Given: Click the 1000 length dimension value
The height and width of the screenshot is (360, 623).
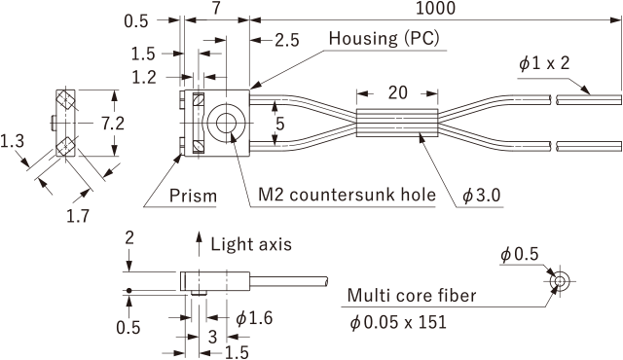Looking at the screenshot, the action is pos(435,8).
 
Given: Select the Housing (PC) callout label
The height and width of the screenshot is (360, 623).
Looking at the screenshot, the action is pos(385,39).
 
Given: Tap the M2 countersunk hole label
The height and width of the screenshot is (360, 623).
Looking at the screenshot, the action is pos(347,195).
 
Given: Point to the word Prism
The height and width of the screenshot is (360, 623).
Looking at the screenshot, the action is pos(193,196).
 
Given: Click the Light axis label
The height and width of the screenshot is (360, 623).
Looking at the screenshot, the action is pos(251,244).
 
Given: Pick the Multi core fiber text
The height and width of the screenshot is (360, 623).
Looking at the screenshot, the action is pos(412,296).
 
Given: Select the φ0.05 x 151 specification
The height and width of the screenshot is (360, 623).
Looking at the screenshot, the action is pos(398,322).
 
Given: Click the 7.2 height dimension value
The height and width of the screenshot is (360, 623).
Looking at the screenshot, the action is pos(113,124).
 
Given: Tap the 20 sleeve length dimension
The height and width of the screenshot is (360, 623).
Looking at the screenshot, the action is pos(398,92).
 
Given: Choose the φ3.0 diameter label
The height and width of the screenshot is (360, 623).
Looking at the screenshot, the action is pos(482,196).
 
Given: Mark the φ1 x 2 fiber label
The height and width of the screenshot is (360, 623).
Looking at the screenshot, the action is pos(544,63).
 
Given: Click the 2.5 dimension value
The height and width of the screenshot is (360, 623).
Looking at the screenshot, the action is pos(287,40).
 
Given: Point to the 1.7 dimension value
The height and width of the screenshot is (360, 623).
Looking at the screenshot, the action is pos(78,216).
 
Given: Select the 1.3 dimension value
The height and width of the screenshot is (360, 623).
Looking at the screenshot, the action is pos(12,141).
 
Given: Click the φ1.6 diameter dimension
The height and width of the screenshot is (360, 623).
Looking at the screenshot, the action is pos(254,318).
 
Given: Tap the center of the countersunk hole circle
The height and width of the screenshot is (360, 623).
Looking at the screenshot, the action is pos(226,124).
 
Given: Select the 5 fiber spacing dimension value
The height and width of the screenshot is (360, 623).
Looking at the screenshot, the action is pos(280,125).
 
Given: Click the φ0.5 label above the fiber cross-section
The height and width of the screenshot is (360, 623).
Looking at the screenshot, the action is pos(519,254).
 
